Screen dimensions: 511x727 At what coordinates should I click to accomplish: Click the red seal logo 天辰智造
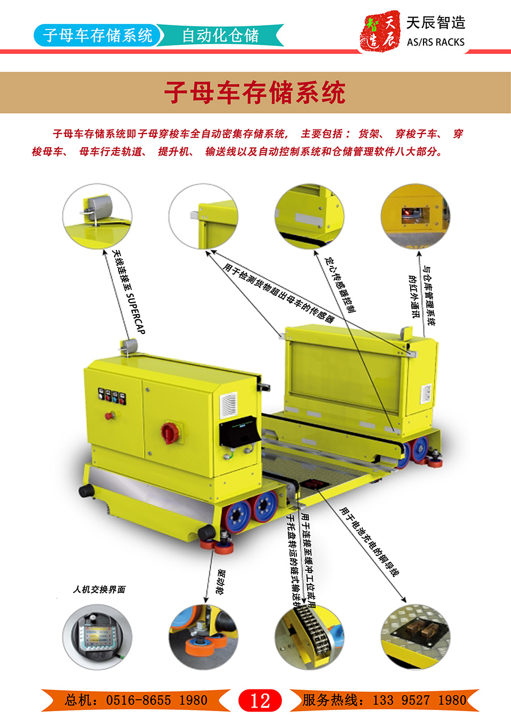[380, 31]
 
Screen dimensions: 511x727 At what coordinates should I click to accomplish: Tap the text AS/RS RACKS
[435, 42]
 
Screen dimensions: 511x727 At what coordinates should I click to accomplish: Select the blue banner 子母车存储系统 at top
[97, 35]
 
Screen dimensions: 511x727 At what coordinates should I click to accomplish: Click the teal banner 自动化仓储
[221, 35]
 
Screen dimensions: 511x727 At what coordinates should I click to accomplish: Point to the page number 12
[260, 700]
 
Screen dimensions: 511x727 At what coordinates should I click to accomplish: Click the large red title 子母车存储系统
[255, 93]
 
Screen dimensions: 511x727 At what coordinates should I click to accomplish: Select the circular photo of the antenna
[97, 216]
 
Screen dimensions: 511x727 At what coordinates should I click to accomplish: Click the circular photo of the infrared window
[415, 216]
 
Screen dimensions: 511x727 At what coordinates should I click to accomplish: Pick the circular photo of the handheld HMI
[97, 637]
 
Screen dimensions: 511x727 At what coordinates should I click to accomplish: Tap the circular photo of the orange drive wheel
[203, 637]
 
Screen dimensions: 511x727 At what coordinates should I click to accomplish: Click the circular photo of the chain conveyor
[309, 637]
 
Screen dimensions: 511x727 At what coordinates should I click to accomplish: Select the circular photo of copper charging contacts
[415, 637]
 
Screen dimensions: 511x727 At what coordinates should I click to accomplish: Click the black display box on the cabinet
[240, 431]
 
